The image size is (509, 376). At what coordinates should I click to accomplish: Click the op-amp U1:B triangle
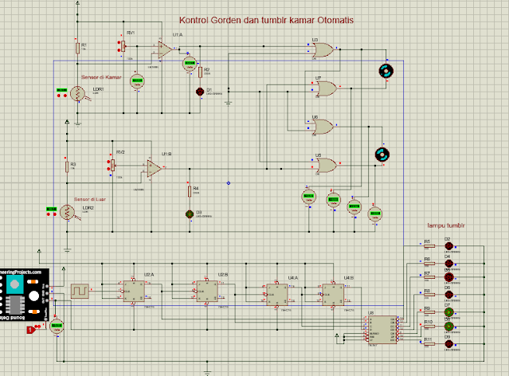pos(155,169)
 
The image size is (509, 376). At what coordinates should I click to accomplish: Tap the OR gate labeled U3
pos(323,51)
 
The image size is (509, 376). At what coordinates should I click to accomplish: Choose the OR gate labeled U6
pos(323,126)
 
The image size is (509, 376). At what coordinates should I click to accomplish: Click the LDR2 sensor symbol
pos(68,212)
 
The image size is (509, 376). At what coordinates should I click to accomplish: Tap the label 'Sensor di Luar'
pos(90,199)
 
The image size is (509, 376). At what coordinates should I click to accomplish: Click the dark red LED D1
pos(199,92)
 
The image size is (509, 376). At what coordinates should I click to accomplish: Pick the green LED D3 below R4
pos(190,213)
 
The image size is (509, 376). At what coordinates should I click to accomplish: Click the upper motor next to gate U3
pos(386,71)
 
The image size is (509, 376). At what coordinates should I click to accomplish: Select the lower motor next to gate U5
pos(381,154)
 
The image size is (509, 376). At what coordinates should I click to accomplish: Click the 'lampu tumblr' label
pos(445,225)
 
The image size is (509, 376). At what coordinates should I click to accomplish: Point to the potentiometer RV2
pos(112,166)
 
